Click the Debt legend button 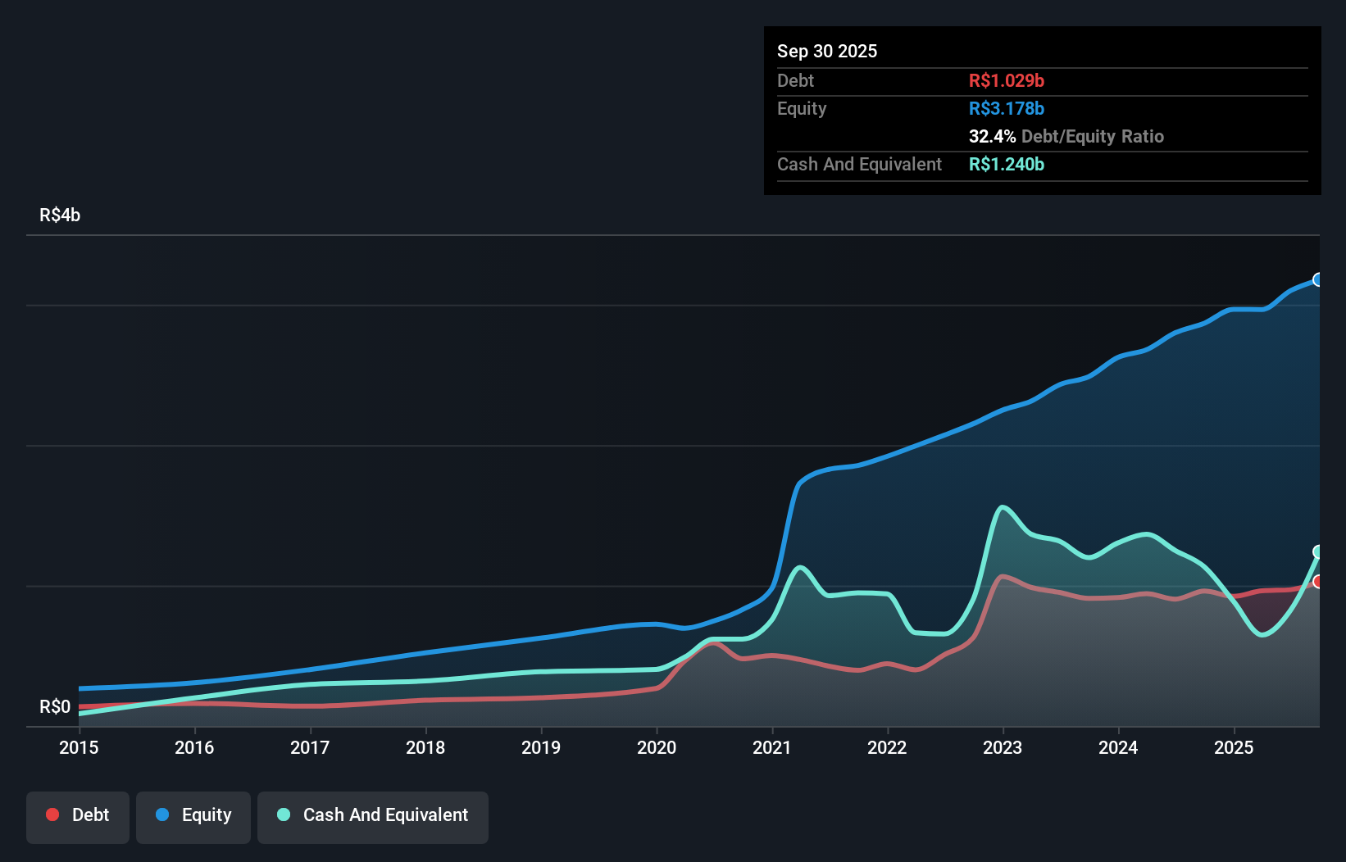[78, 815]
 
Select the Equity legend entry [193, 815]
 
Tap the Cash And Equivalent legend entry [373, 815]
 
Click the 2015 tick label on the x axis [79, 747]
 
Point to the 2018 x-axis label [425, 747]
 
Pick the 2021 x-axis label [772, 747]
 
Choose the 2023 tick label [1003, 747]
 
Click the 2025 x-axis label [1234, 747]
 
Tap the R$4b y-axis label [60, 215]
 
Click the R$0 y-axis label [55, 707]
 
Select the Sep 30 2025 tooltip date [827, 51]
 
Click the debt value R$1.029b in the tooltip [1006, 80]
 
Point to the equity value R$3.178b [1006, 108]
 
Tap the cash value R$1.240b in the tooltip [1006, 164]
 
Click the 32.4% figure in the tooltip [992, 136]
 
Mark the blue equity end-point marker [1318, 279]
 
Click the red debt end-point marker [1318, 582]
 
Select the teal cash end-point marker [1318, 551]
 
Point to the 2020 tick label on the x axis [657, 747]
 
